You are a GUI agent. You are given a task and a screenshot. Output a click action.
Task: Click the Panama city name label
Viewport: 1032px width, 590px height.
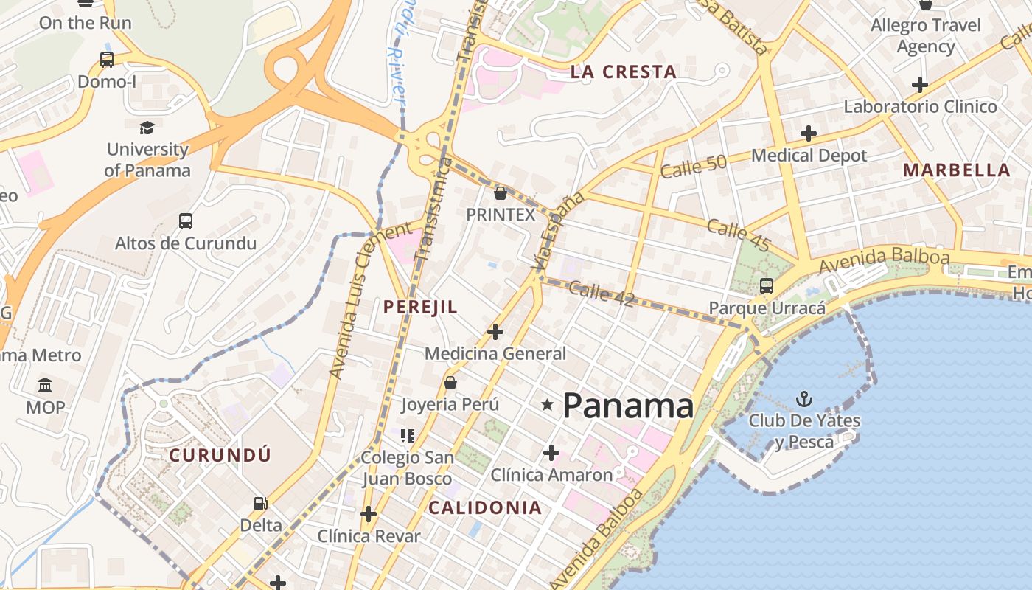coord(628,406)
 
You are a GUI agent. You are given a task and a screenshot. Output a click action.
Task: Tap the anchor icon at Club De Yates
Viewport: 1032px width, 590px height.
coord(804,400)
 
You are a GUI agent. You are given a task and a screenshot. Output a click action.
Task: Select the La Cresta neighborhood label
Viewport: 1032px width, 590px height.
coord(623,72)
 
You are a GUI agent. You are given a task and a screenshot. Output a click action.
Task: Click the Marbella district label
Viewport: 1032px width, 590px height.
coord(956,170)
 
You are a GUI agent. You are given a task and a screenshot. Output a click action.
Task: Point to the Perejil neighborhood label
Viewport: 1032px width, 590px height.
coord(420,308)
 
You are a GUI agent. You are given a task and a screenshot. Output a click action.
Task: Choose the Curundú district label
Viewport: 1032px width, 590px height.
coord(220,455)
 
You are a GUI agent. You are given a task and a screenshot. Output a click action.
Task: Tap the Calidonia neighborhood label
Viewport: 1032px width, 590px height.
coord(485,507)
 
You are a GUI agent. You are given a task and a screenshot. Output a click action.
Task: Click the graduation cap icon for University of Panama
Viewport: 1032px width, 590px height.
coord(147,128)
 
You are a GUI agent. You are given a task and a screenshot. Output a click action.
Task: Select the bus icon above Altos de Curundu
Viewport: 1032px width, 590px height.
coord(186,221)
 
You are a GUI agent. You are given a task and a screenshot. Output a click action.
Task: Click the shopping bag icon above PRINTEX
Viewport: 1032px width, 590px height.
coord(501,193)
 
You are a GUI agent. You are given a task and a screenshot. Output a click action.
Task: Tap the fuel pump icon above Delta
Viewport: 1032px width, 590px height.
coord(260,504)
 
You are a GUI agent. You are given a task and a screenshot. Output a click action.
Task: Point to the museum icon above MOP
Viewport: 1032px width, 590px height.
coord(45,385)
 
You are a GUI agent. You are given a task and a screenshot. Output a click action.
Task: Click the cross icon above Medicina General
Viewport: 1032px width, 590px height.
coord(495,332)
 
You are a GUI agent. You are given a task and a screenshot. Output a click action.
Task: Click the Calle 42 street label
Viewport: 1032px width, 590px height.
coord(602,293)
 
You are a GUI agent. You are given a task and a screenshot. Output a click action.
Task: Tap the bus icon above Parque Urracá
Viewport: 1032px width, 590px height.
coord(767,286)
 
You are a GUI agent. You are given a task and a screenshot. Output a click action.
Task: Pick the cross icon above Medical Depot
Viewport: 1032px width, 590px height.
coord(809,133)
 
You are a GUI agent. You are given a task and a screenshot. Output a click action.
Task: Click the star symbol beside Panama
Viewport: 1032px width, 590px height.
coord(547,405)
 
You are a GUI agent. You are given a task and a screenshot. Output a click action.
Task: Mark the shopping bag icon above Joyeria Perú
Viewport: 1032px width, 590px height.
coord(450,383)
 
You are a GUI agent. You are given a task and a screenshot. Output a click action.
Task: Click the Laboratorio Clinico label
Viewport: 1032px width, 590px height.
coord(920,107)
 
